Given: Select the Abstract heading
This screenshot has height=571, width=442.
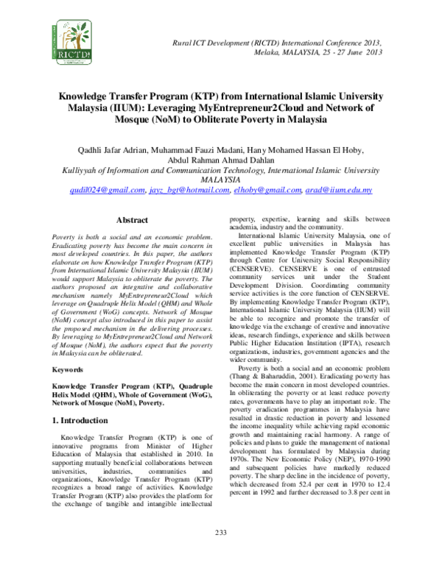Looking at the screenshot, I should (x=132, y=220).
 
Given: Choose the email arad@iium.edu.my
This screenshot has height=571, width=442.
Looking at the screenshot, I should (x=338, y=190).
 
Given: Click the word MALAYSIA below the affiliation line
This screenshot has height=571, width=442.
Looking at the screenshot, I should (x=221, y=180).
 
